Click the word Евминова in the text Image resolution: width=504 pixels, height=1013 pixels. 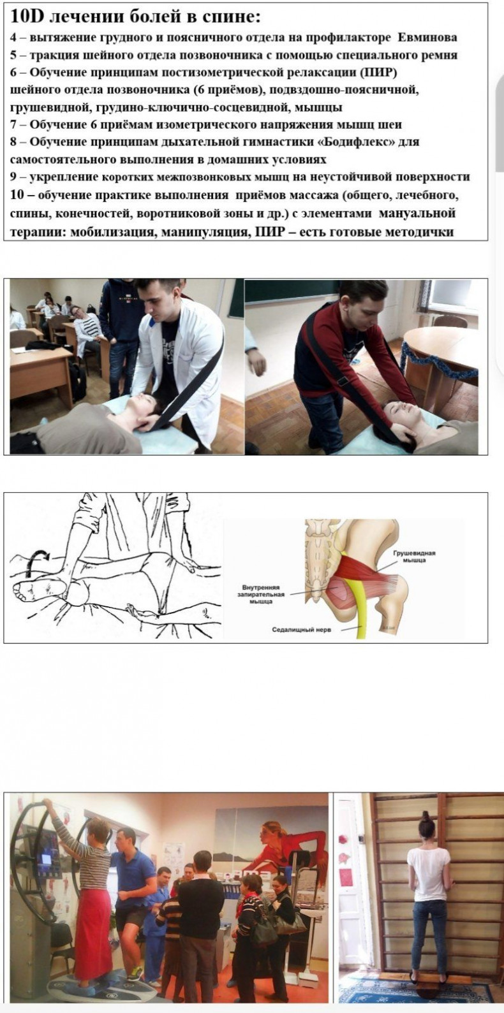point(427,38)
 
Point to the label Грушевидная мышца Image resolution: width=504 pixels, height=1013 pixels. point(414,557)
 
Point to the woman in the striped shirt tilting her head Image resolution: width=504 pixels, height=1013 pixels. point(87,330)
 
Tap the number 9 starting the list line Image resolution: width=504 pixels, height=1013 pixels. point(13,177)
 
